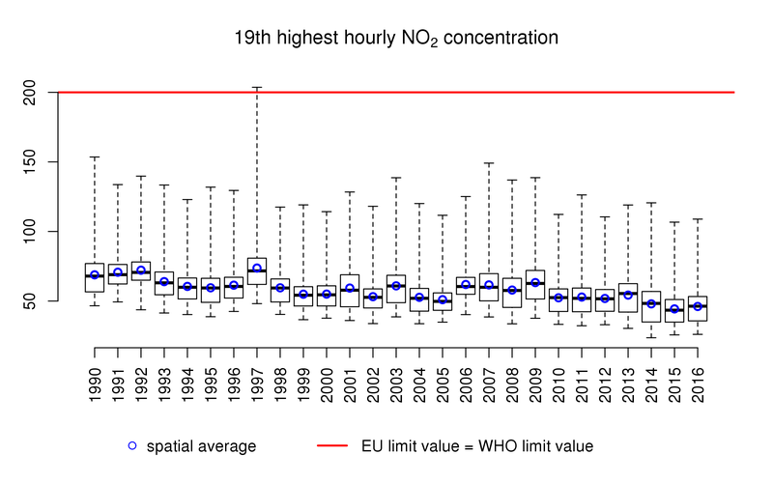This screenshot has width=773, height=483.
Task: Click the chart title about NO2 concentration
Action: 396,40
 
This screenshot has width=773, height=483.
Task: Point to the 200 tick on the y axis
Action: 37,93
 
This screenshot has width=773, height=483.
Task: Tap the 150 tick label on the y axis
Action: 37,162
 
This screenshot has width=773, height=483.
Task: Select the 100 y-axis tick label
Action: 37,232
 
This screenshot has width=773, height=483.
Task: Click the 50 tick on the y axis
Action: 37,301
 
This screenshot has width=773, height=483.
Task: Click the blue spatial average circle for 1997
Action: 257,269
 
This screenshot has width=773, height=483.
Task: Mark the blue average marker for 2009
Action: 535,283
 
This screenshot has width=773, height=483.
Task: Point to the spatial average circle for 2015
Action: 674,309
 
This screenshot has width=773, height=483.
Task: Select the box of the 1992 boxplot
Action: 141,270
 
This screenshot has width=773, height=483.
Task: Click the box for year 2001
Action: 350,290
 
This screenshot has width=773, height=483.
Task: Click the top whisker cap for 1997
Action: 257,87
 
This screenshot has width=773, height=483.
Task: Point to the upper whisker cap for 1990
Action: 95,156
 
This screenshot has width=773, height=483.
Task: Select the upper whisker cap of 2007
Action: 489,163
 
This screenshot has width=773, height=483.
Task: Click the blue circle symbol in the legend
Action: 132,445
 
